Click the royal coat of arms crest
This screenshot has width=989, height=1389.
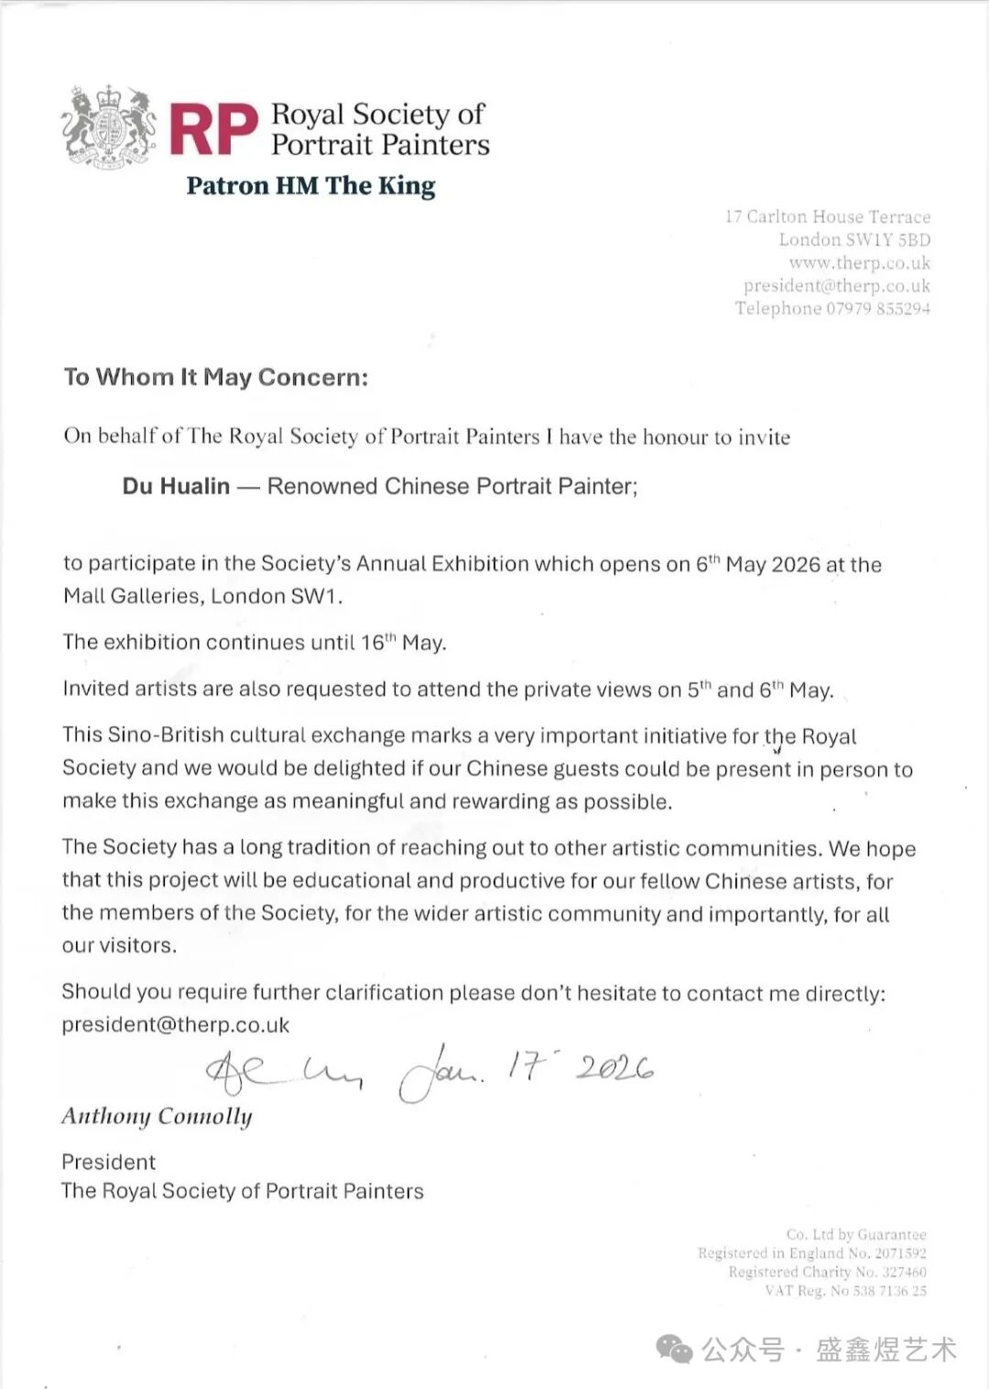pyautogui.click(x=109, y=127)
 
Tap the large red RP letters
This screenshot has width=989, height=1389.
pyautogui.click(x=213, y=130)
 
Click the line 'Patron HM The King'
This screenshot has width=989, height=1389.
pyautogui.click(x=310, y=186)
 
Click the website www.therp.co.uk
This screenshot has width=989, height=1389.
pyautogui.click(x=859, y=263)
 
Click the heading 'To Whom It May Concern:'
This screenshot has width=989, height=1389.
pyautogui.click(x=216, y=377)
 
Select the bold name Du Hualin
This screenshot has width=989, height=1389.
pyautogui.click(x=176, y=486)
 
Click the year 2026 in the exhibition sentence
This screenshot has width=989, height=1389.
pyautogui.click(x=796, y=564)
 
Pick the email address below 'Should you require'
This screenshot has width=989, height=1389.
pyautogui.click(x=176, y=1025)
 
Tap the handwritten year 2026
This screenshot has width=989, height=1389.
pyautogui.click(x=614, y=1068)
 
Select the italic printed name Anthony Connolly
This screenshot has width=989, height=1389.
pyautogui.click(x=157, y=1116)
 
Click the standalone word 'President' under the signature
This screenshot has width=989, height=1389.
pyautogui.click(x=108, y=1162)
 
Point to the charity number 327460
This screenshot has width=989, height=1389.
pyautogui.click(x=903, y=1272)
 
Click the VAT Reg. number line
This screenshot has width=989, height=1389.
pyautogui.click(x=845, y=1291)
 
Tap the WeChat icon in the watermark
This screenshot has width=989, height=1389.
pyautogui.click(x=676, y=1349)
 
